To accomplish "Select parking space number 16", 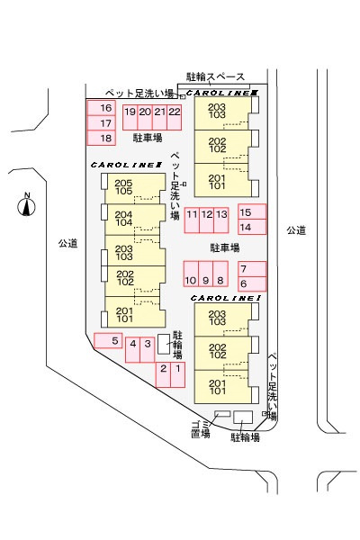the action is point(102,108).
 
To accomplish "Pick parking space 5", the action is point(108,340).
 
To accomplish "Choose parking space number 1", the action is point(178,374).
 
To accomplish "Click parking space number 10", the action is point(191,274).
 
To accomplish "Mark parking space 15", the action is point(252,211).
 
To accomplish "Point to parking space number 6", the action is point(252,284).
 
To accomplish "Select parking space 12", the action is point(206,220).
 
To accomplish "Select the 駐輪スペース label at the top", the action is point(215,76).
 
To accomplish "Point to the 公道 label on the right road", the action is point(296,230).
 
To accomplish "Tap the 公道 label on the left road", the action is point(67,244).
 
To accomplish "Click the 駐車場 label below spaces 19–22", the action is point(148,138).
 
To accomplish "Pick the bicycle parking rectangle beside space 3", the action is point(164,344).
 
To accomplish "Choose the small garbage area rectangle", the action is point(222,414).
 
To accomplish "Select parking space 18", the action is point(102,138).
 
